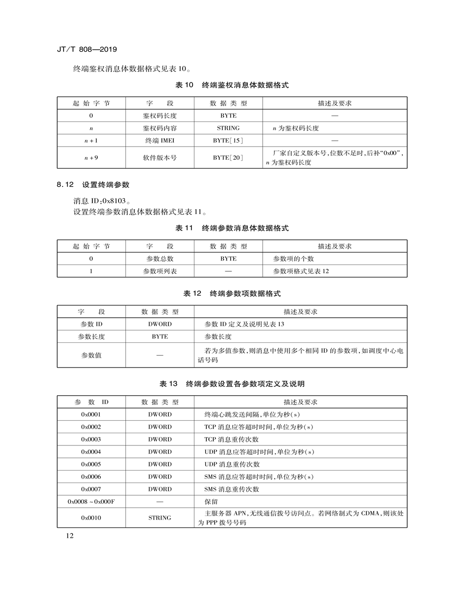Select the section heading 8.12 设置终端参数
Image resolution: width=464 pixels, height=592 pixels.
pos(93,185)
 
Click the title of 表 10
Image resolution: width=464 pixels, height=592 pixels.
pos(232,85)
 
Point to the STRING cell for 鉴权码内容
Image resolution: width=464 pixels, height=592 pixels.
pos(228,128)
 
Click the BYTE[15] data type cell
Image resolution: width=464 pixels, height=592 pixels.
pos(228,141)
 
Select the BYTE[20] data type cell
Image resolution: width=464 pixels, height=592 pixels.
pos(228,158)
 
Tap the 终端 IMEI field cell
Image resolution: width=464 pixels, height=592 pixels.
pos(159,141)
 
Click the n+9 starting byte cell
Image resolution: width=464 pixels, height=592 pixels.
pos(91,158)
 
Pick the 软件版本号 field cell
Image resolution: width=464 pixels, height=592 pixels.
pos(159,158)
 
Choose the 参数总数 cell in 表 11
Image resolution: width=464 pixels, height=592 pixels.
pos(159,259)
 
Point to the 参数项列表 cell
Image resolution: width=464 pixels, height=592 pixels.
pos(159,271)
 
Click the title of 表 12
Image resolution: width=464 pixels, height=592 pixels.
pos(232,294)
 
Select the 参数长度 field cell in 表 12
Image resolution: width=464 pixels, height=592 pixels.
pos(91,336)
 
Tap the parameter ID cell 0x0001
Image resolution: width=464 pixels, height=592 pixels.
pos(91,414)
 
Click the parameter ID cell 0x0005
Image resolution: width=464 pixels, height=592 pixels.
pos(91,464)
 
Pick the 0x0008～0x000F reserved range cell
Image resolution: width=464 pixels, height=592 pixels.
pos(91,502)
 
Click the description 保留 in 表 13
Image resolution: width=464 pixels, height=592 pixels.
pos(211,502)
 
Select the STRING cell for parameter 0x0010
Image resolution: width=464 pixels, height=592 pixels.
pos(159,518)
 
